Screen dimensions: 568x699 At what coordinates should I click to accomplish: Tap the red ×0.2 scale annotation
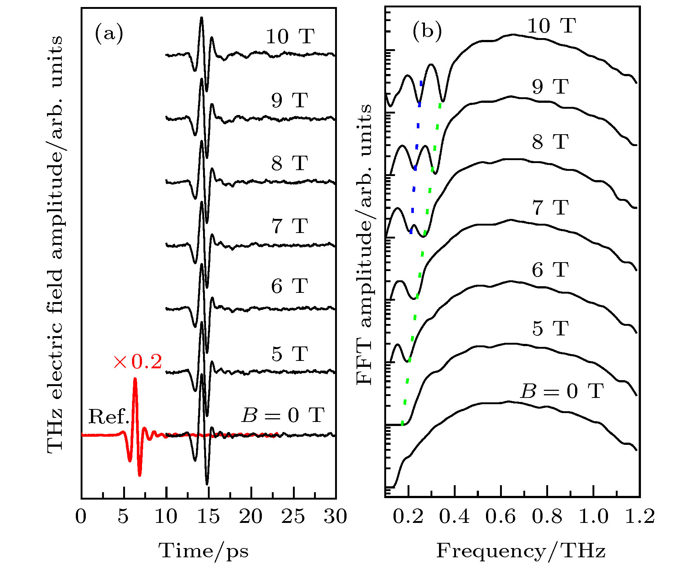(x=138, y=361)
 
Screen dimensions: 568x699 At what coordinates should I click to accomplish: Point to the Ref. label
(x=109, y=417)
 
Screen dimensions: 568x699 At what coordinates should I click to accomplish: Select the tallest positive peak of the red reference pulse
(x=135, y=379)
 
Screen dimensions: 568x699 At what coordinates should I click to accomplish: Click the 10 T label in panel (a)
(x=290, y=36)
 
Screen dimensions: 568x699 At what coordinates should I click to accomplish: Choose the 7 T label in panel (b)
(x=550, y=207)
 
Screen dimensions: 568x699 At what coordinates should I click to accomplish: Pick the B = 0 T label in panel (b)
(x=562, y=391)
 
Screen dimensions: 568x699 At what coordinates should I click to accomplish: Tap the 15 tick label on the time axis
(x=209, y=516)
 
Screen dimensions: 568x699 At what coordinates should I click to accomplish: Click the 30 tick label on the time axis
(x=335, y=516)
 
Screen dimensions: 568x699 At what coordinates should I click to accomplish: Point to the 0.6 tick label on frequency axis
(x=500, y=516)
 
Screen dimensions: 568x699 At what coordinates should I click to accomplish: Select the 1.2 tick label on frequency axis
(x=639, y=516)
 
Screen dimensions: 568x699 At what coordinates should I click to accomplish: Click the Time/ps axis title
(x=204, y=551)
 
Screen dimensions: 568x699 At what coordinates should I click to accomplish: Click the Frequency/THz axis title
(x=521, y=551)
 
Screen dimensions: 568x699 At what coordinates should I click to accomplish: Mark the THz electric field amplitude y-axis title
(x=55, y=244)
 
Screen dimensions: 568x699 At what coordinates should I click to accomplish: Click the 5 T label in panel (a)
(x=290, y=354)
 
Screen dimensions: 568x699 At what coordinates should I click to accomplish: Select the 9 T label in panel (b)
(x=550, y=87)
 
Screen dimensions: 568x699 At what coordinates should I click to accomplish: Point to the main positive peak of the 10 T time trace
(x=201, y=18)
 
